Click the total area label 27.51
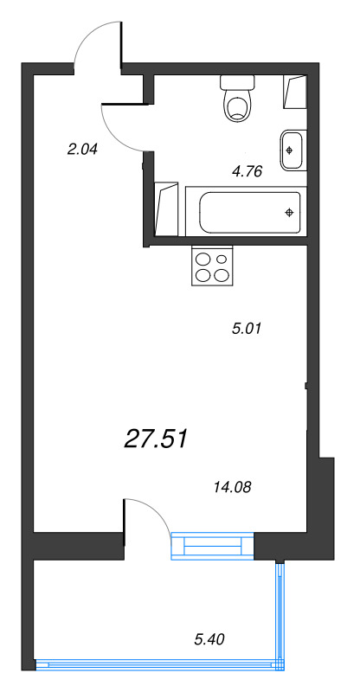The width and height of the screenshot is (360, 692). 156,439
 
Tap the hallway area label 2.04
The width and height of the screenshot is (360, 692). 83,149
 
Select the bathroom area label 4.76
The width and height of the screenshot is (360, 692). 247,170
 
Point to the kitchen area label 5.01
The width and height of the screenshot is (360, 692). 247,328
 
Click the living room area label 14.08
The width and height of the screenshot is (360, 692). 231,488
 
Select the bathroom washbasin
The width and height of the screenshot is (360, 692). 292,149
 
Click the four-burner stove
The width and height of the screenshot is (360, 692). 213,266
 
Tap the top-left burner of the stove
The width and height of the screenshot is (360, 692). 203,258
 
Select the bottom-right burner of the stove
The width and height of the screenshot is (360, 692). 222,275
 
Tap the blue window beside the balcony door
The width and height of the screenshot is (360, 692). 213,546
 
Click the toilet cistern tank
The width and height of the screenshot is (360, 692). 236,83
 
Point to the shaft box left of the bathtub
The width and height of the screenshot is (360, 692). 166,208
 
